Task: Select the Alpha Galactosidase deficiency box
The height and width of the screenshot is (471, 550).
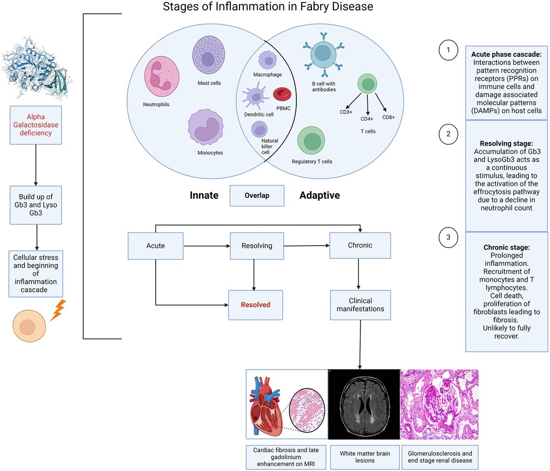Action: click(x=36, y=125)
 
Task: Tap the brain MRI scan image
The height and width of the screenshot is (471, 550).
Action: click(x=363, y=404)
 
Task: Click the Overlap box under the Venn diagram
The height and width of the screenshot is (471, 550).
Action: click(x=257, y=196)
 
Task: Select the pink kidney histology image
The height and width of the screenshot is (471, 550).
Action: click(x=439, y=404)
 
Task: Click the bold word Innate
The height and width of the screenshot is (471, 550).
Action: click(x=203, y=196)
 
